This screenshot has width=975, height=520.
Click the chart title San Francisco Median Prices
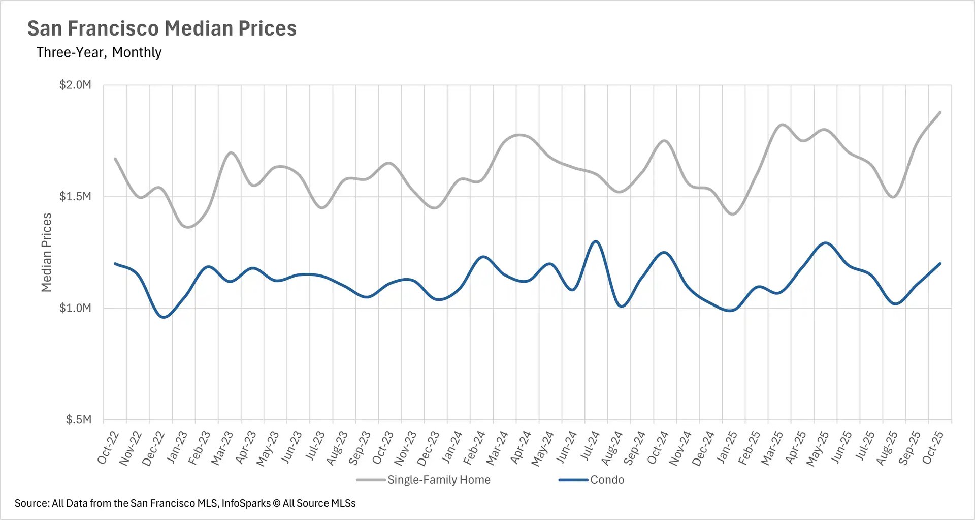[161, 28]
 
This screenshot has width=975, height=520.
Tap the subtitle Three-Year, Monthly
[99, 52]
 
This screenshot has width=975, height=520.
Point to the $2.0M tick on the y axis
[75, 85]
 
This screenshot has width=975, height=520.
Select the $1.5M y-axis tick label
[75, 197]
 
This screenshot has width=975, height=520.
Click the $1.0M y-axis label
[75, 308]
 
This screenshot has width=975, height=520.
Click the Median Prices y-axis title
[47, 253]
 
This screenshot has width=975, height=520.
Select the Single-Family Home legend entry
[438, 480]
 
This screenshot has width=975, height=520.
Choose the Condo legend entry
[607, 480]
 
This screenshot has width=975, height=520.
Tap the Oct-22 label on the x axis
[108, 447]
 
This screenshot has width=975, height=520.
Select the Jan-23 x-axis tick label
[177, 447]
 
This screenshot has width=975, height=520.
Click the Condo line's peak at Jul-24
[596, 241]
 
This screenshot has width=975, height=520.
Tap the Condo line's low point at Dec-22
[164, 317]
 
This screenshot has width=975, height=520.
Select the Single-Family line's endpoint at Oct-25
[940, 112]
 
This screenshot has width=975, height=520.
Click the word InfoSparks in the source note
[246, 503]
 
